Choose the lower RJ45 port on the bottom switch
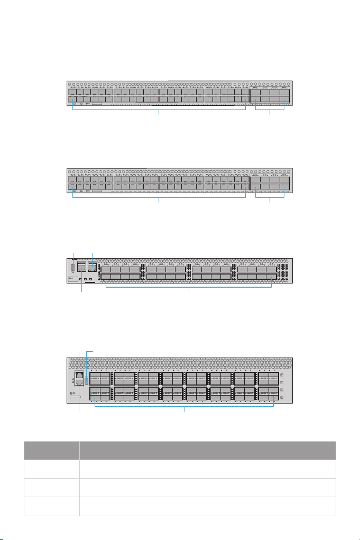click(79, 388)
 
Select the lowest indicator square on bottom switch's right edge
click(281, 397)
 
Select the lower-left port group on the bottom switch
click(100, 393)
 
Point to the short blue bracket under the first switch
click(270, 108)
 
